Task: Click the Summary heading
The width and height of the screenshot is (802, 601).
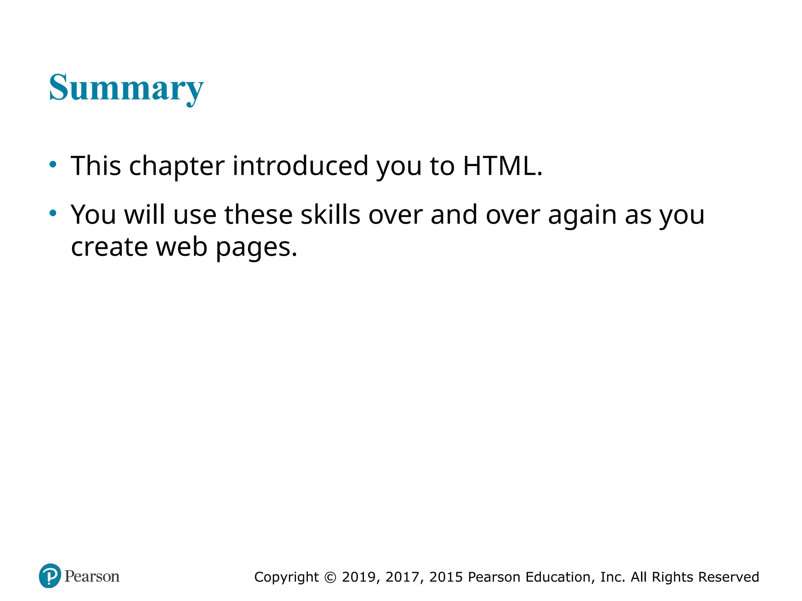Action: [126, 88]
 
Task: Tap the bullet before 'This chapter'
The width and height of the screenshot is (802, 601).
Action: [53, 164]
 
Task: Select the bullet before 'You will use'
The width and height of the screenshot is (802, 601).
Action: [53, 213]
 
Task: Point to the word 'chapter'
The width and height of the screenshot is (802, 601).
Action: [177, 166]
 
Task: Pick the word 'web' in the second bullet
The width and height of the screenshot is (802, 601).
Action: [182, 247]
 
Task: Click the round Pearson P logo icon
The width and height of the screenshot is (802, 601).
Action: [50, 576]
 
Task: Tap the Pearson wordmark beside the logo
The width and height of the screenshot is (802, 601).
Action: [92, 576]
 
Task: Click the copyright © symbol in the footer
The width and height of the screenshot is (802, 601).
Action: [331, 577]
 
